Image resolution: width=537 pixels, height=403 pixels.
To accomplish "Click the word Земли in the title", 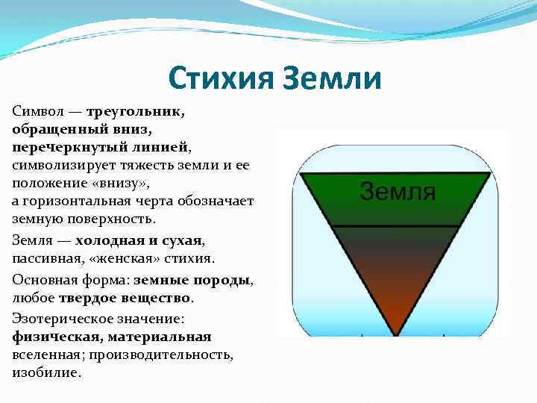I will tap(332, 78).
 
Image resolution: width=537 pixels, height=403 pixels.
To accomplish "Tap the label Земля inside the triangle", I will tap(397, 191).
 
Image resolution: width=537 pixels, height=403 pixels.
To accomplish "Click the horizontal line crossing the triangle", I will tap(396, 226).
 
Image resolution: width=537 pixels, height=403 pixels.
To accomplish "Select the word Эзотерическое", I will tap(59, 319).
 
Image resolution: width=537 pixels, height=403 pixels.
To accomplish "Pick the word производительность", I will tap(177, 354).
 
